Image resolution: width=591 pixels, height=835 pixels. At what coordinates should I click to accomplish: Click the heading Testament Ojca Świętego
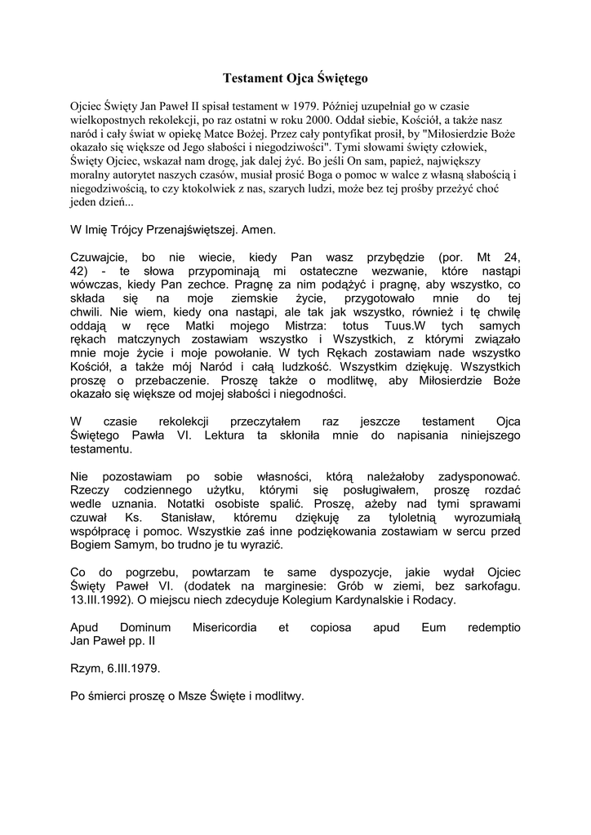coord(295,79)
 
